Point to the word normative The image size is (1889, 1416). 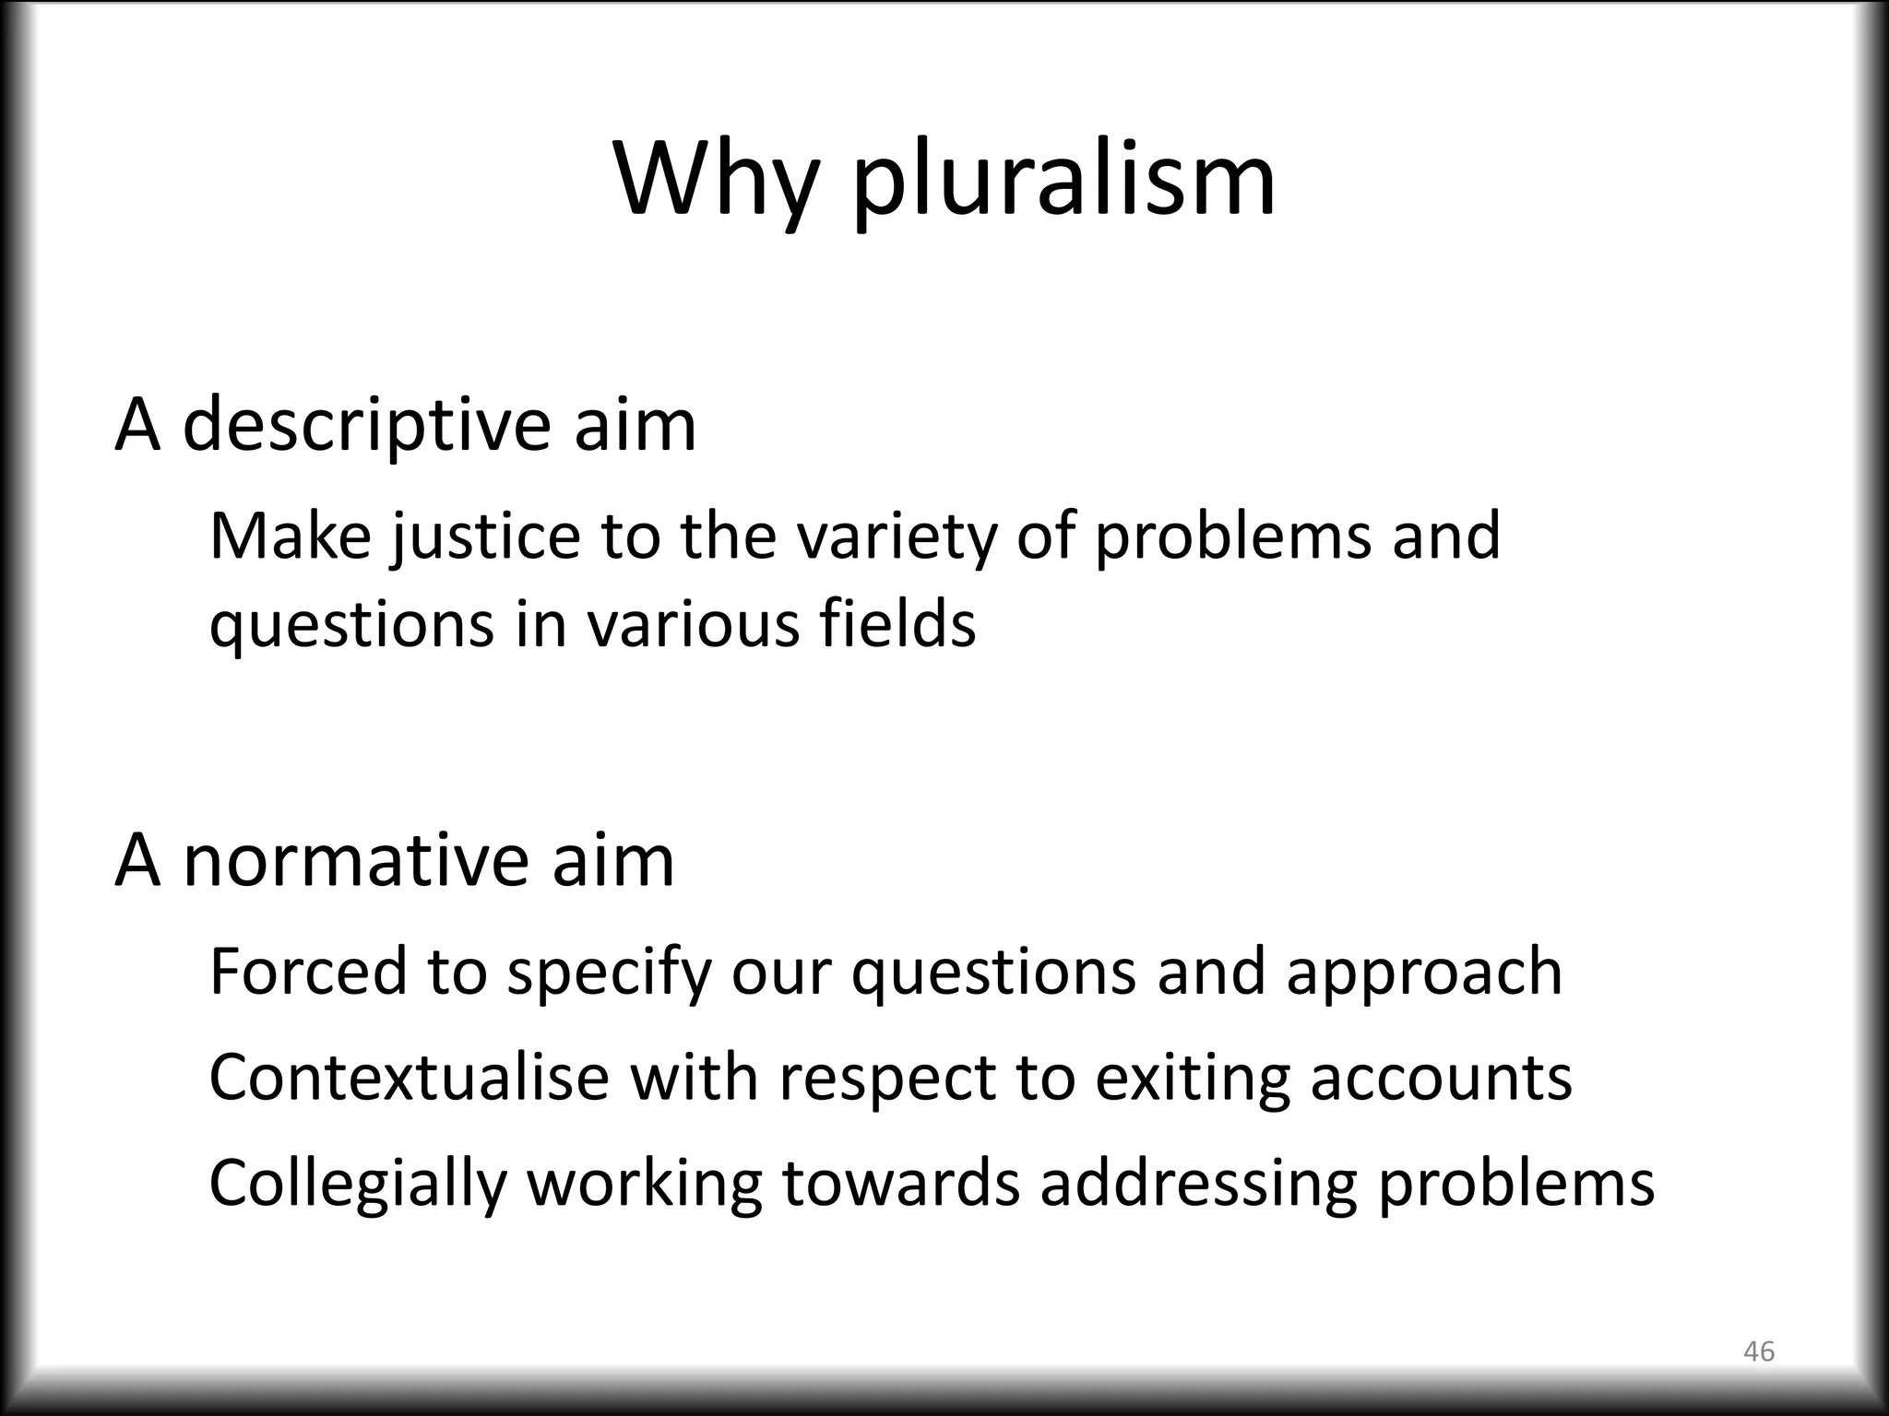pyautogui.click(x=356, y=861)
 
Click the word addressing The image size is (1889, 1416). pyautogui.click(x=1198, y=1186)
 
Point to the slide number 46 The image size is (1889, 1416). pyautogui.click(x=1759, y=1351)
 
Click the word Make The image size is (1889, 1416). pyautogui.click(x=290, y=537)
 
